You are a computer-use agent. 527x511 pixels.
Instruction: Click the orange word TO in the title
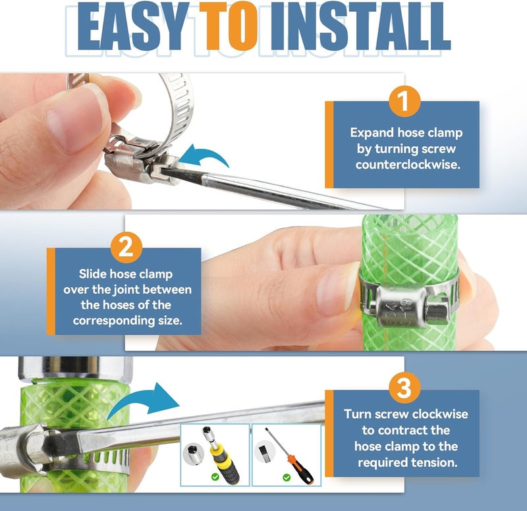pos(228,26)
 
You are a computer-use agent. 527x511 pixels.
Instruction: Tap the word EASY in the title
pos(133,26)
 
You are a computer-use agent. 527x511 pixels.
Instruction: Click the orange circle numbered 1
pos(404,101)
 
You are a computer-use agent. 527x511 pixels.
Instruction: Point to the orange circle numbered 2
pos(126,248)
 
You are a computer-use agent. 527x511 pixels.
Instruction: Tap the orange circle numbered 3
pos(404,388)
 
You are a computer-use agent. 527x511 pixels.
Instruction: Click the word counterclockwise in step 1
pos(408,165)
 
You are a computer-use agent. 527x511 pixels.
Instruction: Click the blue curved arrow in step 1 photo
pos(205,155)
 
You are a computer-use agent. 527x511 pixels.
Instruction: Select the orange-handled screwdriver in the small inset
pos(289,456)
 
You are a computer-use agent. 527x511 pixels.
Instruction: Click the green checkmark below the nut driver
pos(215,477)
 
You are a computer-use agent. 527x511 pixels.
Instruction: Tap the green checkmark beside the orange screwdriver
pos(287,477)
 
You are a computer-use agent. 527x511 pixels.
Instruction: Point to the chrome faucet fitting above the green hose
pos(75,369)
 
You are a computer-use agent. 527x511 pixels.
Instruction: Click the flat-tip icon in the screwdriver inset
pos(265,452)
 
